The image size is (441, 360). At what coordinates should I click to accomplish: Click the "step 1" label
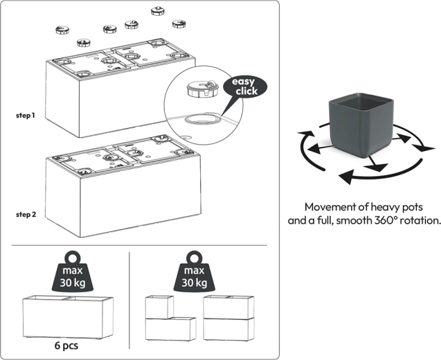25,115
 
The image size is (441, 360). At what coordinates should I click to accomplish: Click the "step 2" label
25,215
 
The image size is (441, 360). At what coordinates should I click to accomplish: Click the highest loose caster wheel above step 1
158,11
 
